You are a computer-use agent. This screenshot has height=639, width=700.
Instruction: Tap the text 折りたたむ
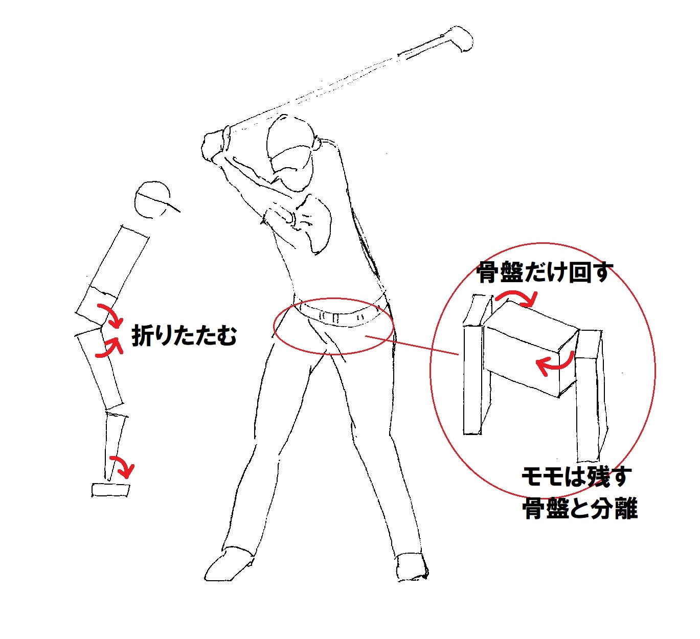tap(184, 336)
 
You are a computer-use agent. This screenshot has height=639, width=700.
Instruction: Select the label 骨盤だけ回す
tap(544, 272)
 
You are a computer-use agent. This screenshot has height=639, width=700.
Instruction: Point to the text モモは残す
tap(575, 477)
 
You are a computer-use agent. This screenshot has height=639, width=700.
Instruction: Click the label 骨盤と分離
tap(580, 509)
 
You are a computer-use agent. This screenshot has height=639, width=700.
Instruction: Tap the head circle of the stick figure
tap(152, 200)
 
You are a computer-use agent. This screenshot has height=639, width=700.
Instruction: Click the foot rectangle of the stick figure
tap(110, 490)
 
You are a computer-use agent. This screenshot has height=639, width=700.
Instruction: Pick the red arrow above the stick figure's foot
tap(124, 464)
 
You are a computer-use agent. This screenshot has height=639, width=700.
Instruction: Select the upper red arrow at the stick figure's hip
tap(110, 315)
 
